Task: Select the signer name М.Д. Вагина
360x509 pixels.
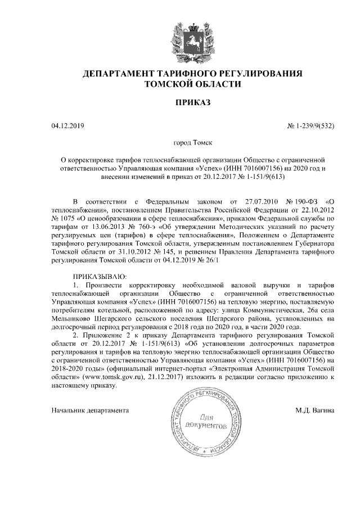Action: pyautogui.click(x=315, y=410)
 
